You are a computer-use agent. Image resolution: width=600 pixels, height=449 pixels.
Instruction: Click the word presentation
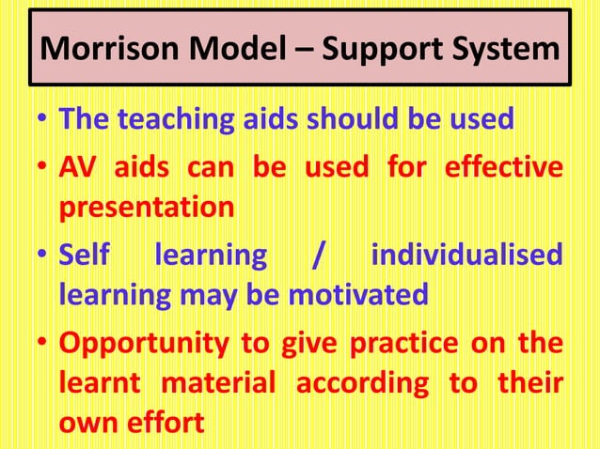(x=146, y=209)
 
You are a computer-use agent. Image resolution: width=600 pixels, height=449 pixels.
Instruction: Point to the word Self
(x=82, y=254)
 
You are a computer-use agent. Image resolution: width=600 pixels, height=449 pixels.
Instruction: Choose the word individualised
(x=467, y=254)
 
